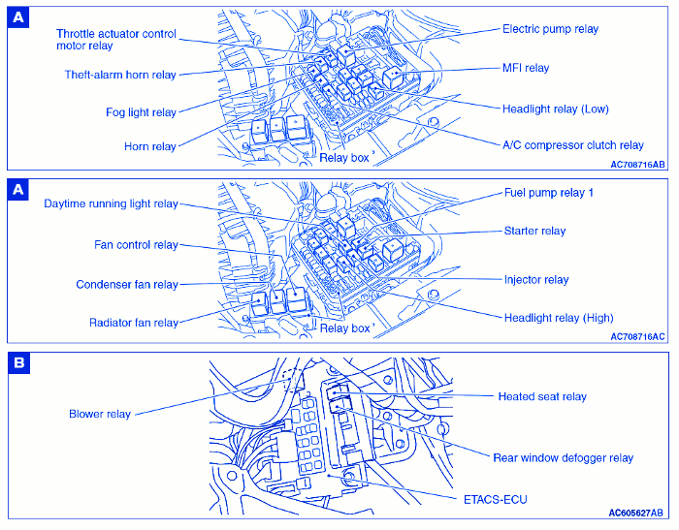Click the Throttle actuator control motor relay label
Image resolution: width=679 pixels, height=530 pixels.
pos(116,40)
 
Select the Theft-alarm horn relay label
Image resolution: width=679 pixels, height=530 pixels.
pos(120,75)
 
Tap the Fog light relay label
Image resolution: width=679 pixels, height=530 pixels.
pos(141,112)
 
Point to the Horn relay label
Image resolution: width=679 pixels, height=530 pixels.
pos(150,147)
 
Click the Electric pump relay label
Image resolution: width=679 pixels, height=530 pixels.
pos(550,29)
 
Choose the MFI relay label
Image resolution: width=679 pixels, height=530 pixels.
pos(525,68)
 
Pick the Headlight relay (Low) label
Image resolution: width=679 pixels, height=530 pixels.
pos(556,109)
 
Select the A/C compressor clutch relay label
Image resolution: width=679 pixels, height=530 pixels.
pos(572,145)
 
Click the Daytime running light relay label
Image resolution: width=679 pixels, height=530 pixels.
pos(112,204)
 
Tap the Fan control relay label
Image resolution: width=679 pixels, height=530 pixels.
pos(136,245)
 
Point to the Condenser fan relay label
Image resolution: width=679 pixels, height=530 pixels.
pos(127,285)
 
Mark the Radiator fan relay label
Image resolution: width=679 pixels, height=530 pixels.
pos(134,323)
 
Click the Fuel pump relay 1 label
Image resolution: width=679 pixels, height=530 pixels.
pos(548,193)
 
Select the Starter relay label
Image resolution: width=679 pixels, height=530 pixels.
pos(534,231)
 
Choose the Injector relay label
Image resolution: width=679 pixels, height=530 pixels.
pos(535,280)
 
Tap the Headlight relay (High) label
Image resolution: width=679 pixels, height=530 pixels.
pos(558,318)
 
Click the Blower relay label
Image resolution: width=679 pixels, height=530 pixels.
pos(100,415)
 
